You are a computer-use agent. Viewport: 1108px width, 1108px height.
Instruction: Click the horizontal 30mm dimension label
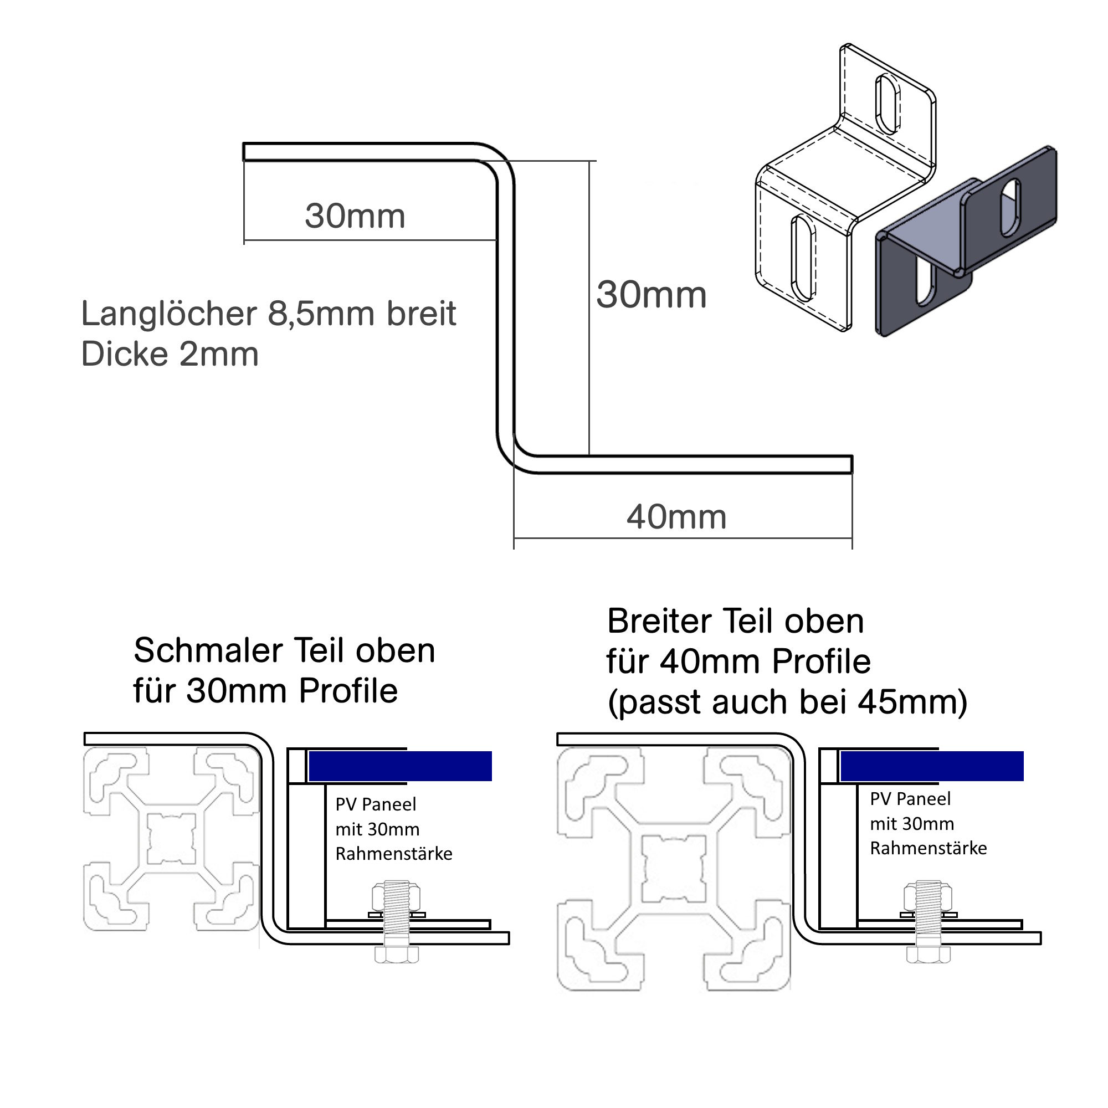(355, 216)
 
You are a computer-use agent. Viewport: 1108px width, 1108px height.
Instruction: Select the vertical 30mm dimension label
(651, 295)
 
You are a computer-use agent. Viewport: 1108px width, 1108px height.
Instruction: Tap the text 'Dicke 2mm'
(170, 355)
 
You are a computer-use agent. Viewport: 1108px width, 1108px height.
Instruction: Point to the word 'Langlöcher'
(169, 314)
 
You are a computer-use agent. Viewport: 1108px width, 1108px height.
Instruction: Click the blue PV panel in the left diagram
(401, 766)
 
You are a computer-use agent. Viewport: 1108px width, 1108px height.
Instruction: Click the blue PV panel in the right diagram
(931, 766)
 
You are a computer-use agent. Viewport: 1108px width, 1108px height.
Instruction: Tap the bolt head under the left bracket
(396, 955)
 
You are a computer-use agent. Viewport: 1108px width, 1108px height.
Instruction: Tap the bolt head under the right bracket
(928, 955)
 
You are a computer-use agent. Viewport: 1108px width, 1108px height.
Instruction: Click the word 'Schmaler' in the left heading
(208, 651)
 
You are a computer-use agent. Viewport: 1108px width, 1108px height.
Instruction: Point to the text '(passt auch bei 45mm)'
(787, 702)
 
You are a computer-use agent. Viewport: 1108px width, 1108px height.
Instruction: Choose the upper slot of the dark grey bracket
(1010, 208)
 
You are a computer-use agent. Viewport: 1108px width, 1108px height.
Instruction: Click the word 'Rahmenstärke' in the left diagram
(394, 854)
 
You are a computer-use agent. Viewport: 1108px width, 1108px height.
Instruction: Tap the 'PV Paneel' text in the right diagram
(910, 799)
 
